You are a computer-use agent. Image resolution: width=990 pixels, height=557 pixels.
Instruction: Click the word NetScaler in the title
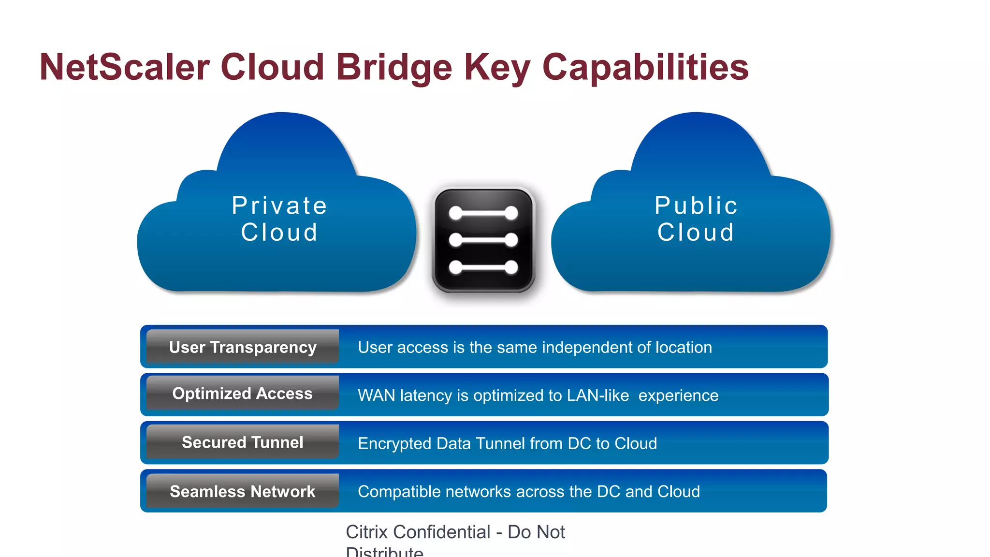point(125,67)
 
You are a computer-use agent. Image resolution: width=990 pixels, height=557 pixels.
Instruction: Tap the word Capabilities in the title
point(645,67)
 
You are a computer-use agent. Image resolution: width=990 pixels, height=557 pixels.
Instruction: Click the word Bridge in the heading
point(394,67)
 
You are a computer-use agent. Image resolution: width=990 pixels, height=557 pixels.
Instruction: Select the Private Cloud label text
point(279,219)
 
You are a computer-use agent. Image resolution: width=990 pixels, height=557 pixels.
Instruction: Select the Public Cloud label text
point(696,219)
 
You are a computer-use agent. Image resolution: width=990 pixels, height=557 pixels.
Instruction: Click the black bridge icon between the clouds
point(483,240)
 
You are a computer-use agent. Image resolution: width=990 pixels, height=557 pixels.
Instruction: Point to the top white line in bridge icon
point(483,213)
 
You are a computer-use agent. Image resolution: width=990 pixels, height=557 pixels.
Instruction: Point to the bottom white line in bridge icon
point(483,267)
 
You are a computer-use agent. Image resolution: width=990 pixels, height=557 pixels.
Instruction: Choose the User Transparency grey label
point(243,347)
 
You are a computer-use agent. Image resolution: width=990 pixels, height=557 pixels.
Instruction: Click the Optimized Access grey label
point(243,394)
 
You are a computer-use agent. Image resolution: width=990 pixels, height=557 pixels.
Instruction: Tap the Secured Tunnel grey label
point(243,442)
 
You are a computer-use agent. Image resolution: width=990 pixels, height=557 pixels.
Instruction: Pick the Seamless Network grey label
point(243,491)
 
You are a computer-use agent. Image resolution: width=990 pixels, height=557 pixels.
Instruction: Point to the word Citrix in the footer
point(367,532)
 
